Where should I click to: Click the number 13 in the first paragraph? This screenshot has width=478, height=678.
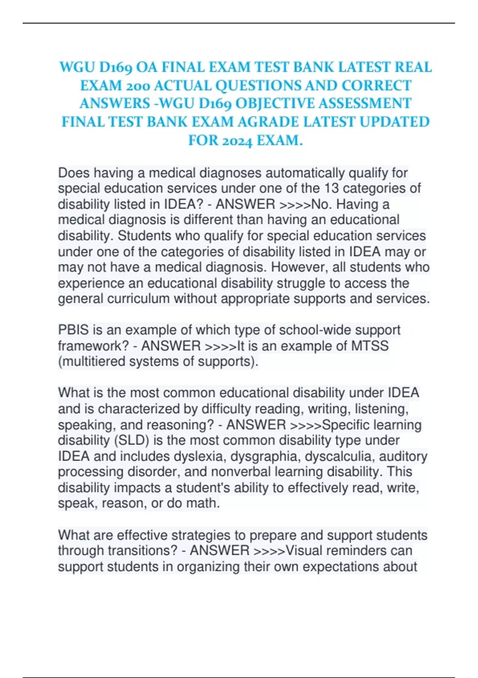coord(332,188)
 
